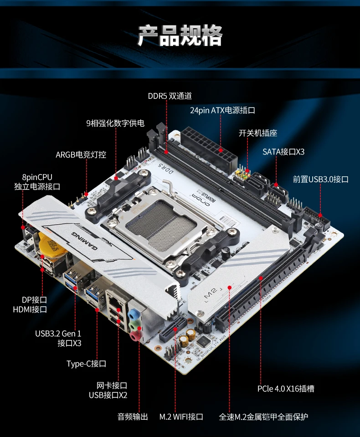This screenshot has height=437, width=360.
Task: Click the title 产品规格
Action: point(180,36)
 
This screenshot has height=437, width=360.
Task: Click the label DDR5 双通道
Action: point(170,96)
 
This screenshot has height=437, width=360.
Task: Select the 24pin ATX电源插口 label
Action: point(222,110)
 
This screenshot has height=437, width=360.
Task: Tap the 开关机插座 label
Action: point(257,133)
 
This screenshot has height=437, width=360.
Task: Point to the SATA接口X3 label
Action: point(283,152)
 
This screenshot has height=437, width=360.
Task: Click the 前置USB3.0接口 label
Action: point(320,179)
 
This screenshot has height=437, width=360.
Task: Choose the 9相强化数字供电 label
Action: point(115,123)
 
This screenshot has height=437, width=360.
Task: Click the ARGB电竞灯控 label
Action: point(81,154)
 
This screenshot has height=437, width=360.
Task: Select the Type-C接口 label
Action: point(86,363)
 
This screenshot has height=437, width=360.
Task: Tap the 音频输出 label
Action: point(133,416)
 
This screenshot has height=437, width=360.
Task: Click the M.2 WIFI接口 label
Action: point(181,416)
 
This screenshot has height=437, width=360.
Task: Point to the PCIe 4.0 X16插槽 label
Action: point(285,389)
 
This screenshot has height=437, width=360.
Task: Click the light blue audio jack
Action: point(133,314)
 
